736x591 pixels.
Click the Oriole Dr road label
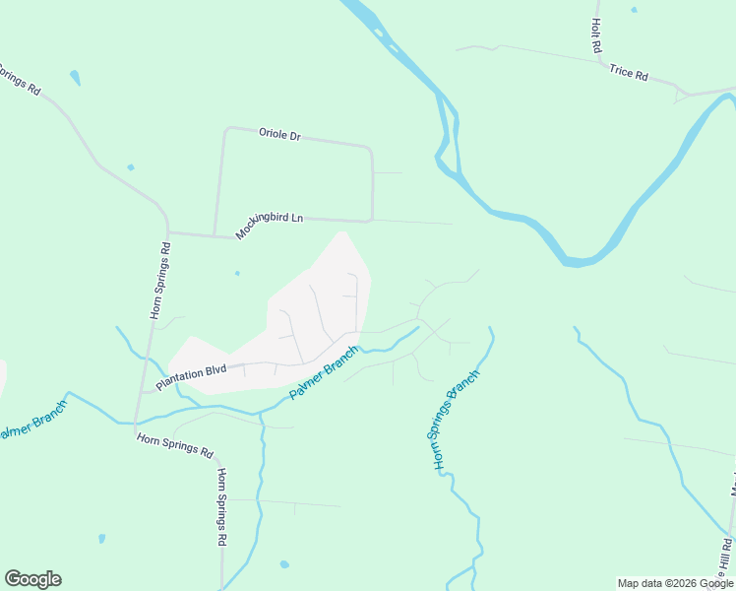pyautogui.click(x=279, y=134)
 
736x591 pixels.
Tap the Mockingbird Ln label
pyautogui.click(x=270, y=226)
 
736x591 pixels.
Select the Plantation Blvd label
pyautogui.click(x=191, y=374)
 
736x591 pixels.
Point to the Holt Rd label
pyautogui.click(x=596, y=36)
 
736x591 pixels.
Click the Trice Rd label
pyautogui.click(x=629, y=73)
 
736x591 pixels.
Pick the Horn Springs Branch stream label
pyautogui.click(x=457, y=419)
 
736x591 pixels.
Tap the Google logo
pyautogui.click(x=32, y=579)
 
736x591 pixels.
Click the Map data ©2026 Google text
pyautogui.click(x=674, y=583)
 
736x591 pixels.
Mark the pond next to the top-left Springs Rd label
pyautogui.click(x=75, y=77)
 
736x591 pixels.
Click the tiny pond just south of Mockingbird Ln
pyautogui.click(x=237, y=273)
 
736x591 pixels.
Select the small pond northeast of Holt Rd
pyautogui.click(x=634, y=10)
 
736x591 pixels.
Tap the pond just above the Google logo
pyautogui.click(x=101, y=539)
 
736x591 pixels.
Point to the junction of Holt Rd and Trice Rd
pyautogui.click(x=601, y=62)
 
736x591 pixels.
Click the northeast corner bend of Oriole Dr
pyautogui.click(x=370, y=150)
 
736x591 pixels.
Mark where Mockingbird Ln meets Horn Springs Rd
pyautogui.click(x=169, y=233)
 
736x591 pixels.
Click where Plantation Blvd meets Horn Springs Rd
pyautogui.click(x=144, y=391)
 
